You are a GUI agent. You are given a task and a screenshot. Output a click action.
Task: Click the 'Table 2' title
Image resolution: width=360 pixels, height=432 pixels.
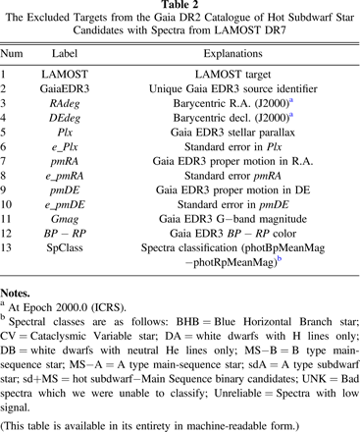click(x=180, y=7)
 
